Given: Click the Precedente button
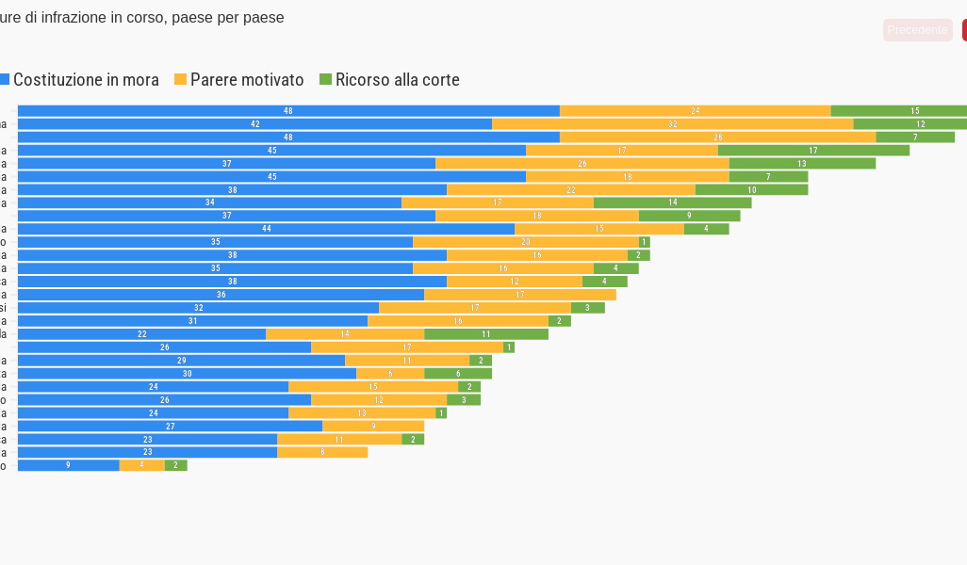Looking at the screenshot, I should pyautogui.click(x=917, y=30).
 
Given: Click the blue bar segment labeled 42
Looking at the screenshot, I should pyautogui.click(x=254, y=124).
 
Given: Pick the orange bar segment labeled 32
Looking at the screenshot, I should pyautogui.click(x=672, y=124).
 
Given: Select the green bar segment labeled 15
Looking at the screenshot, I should pyautogui.click(x=898, y=111).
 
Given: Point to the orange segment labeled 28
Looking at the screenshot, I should pyautogui.click(x=717, y=137).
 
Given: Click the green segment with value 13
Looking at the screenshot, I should pyautogui.click(x=802, y=164).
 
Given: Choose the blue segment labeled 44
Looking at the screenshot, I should pyautogui.click(x=266, y=229).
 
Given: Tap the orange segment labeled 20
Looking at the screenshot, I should pyautogui.click(x=525, y=242).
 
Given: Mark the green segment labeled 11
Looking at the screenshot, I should pyautogui.click(x=486, y=334).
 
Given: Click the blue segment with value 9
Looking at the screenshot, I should pyautogui.click(x=68, y=465).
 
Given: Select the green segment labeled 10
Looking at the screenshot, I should pyautogui.click(x=751, y=190).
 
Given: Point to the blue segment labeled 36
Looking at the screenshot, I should pyautogui.click(x=221, y=295).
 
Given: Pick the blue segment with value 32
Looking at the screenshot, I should pyautogui.click(x=198, y=308).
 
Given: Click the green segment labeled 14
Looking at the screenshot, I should pyautogui.click(x=672, y=202).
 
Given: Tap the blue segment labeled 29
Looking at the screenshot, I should pyautogui.click(x=181, y=361).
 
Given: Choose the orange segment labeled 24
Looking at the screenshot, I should pyautogui.click(x=695, y=111).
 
